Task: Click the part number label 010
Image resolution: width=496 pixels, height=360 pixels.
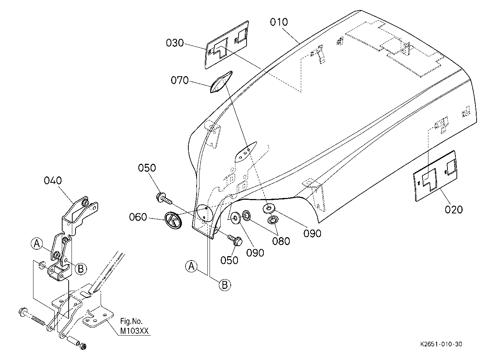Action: click(279, 22)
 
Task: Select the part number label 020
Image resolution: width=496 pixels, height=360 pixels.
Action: click(454, 210)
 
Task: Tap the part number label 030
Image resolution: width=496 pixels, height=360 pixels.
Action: click(175, 43)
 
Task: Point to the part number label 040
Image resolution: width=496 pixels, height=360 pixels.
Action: click(53, 181)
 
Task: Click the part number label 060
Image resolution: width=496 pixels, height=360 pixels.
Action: click(138, 217)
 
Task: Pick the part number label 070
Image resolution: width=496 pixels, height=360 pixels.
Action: click(180, 80)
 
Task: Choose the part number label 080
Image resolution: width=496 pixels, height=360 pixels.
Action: click(281, 241)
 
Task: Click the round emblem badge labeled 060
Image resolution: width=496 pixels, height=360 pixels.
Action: click(173, 220)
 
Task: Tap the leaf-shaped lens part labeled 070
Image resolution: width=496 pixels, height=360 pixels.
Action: click(221, 82)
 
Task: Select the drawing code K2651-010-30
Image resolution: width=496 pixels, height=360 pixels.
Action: click(441, 344)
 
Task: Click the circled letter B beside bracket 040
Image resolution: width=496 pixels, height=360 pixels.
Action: click(81, 269)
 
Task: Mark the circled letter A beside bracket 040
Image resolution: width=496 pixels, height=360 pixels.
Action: click(37, 244)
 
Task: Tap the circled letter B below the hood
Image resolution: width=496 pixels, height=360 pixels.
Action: click(225, 285)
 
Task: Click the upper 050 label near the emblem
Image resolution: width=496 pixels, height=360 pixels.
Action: click(147, 168)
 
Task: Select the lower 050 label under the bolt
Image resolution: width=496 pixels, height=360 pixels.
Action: click(229, 260)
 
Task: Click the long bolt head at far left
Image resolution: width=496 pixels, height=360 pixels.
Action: click(23, 312)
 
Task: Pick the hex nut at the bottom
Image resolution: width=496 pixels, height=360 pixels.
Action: click(83, 346)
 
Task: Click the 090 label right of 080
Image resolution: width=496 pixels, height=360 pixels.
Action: click(312, 234)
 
